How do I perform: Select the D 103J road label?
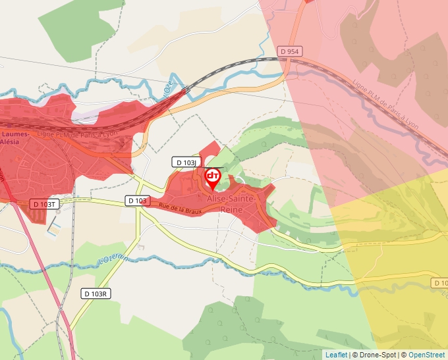(x=185, y=162)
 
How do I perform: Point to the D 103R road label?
(x=96, y=293)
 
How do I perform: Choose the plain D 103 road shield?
(x=137, y=200)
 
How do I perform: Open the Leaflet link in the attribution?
(x=336, y=355)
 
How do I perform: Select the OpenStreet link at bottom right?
(x=428, y=355)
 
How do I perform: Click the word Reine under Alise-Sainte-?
(x=232, y=209)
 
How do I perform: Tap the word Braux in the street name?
(x=192, y=210)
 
